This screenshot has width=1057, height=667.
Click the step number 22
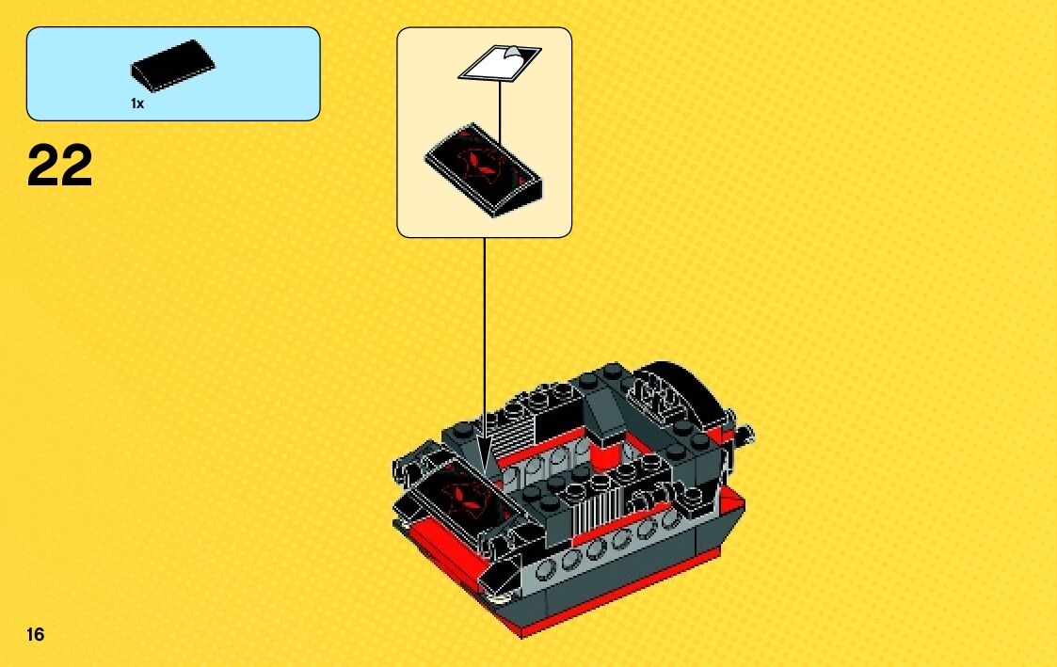click(x=60, y=167)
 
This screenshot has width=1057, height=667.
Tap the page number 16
click(x=36, y=634)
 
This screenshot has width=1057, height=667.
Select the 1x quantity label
click(x=137, y=104)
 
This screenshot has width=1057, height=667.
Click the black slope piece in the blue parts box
click(x=173, y=67)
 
